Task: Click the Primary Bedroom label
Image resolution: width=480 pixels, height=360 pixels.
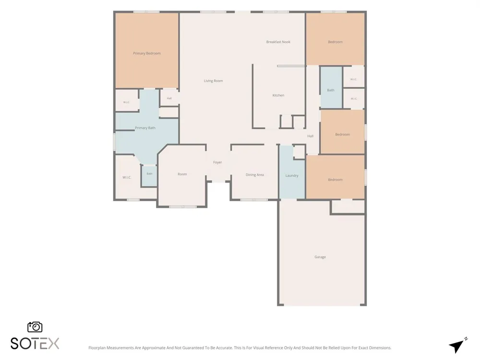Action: [x=146, y=53]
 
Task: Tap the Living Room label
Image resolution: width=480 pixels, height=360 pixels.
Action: [x=214, y=81]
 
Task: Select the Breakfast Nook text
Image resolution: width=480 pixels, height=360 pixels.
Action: [x=278, y=42]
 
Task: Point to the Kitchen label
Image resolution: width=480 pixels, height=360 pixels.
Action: [x=278, y=95]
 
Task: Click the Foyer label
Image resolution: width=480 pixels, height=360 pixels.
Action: [x=217, y=162]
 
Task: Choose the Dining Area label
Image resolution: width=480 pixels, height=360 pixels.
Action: [x=255, y=175]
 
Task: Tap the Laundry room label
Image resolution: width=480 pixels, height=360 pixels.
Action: [x=292, y=176]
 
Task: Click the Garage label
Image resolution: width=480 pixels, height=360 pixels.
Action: [x=320, y=257]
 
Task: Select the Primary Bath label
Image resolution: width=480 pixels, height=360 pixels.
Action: [x=145, y=128]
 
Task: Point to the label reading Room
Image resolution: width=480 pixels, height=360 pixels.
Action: [x=182, y=174]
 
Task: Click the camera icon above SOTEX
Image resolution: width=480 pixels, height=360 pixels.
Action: [x=35, y=327]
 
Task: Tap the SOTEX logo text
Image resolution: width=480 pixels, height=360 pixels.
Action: [x=35, y=344]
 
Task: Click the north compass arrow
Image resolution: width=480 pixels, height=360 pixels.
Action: [x=457, y=346]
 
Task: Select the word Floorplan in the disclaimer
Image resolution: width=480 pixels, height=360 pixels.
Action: [x=96, y=348]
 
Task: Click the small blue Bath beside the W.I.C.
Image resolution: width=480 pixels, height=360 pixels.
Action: [x=149, y=174]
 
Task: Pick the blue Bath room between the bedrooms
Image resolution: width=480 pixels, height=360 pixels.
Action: [x=331, y=90]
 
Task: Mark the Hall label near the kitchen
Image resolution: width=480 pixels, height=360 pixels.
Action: [x=311, y=136]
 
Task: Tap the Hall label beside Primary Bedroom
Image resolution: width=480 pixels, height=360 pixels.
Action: [x=169, y=98]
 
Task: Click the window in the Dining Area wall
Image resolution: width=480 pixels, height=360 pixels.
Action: [x=254, y=200]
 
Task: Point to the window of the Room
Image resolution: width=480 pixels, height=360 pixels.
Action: [x=183, y=207]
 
